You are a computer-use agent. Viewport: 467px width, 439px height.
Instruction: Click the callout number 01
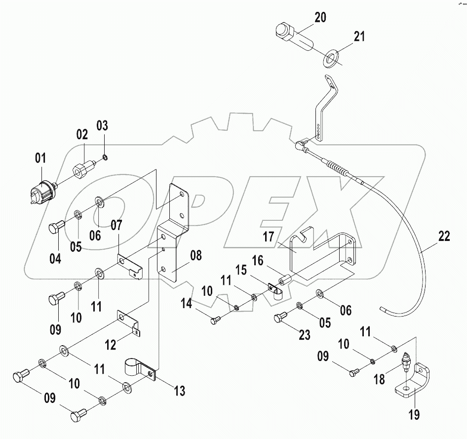(40, 159)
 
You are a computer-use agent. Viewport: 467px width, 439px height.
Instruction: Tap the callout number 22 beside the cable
(443, 237)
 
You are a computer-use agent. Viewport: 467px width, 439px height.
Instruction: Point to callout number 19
(414, 414)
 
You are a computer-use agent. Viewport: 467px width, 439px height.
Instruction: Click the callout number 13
(179, 392)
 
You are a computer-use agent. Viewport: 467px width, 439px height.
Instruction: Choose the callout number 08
(195, 256)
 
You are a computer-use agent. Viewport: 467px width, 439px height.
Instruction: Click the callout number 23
(305, 335)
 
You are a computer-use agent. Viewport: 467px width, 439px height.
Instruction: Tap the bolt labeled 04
(54, 229)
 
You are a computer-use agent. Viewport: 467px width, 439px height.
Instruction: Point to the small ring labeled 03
(105, 158)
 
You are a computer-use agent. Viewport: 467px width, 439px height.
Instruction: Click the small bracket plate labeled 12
(129, 321)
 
